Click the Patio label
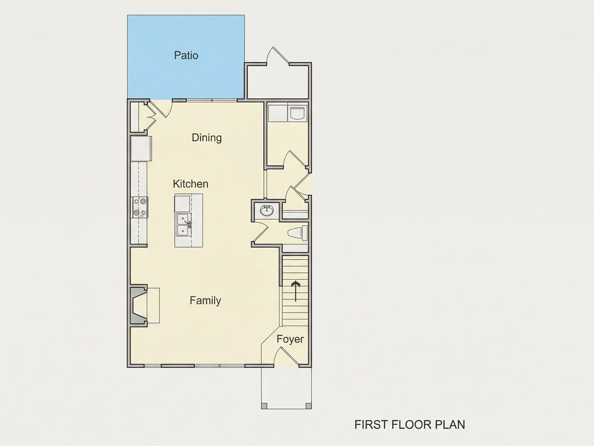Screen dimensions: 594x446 click(x=186, y=55)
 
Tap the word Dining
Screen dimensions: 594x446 click(x=207, y=138)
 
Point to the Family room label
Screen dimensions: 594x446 click(x=205, y=300)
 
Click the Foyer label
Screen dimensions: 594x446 click(x=290, y=339)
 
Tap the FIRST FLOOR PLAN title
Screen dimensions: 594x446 click(x=410, y=425)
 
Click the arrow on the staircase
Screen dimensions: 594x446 click(x=296, y=291)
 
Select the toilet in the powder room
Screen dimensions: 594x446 click(x=298, y=233)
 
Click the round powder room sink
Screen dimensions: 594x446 click(x=267, y=210)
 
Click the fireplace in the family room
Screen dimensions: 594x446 click(x=139, y=306)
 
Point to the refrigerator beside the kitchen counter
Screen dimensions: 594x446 click(x=141, y=148)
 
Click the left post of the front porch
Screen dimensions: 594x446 click(x=264, y=406)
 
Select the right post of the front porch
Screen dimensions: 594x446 click(x=309, y=406)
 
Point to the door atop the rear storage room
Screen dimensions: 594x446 click(x=278, y=55)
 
